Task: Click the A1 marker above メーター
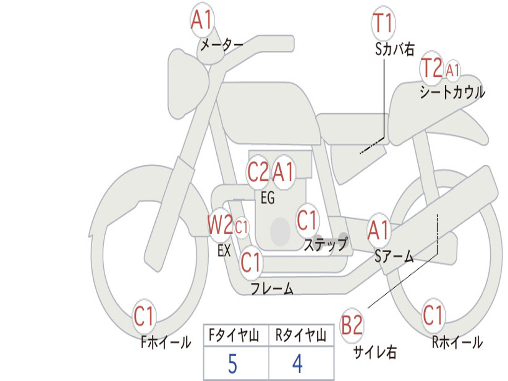(202, 20)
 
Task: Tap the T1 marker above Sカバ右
(383, 23)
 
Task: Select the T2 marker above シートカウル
(432, 67)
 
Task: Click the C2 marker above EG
(258, 172)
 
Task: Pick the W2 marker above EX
(220, 225)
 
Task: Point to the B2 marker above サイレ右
(352, 325)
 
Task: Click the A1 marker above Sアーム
(379, 230)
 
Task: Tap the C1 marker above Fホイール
(144, 316)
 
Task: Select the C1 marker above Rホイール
(433, 315)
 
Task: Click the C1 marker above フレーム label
(251, 262)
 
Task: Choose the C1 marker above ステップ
(307, 220)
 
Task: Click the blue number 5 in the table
(233, 364)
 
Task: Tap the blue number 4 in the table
(298, 364)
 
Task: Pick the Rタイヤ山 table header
(301, 335)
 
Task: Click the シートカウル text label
(452, 92)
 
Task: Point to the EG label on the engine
(267, 197)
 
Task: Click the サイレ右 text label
(375, 352)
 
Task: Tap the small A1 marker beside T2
(452, 70)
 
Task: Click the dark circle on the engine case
(280, 232)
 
